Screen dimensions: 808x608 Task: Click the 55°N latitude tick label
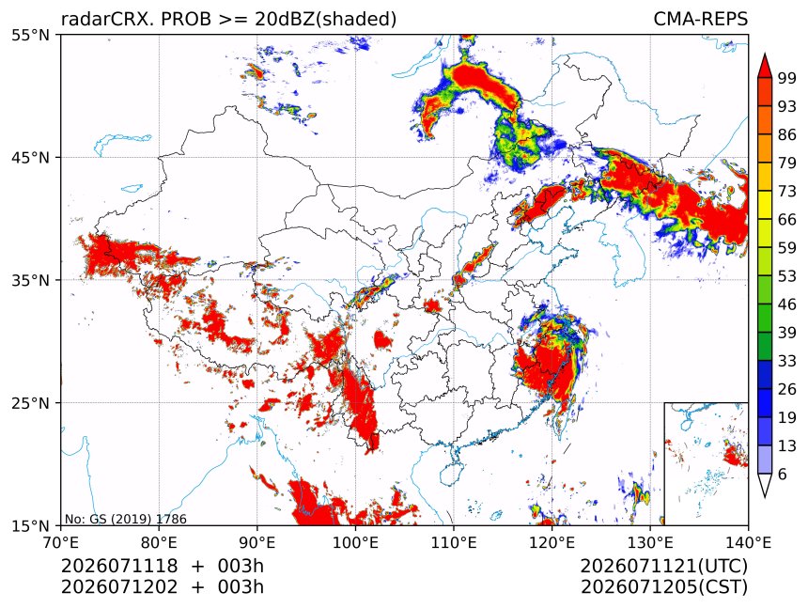pos(30,35)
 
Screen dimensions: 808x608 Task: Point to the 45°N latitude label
pos(30,157)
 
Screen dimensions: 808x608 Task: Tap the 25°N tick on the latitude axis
pos(30,402)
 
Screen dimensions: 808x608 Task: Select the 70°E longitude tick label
pos(61,542)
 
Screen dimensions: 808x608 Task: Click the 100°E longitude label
pos(355,542)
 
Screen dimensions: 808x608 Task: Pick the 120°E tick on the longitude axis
pos(552,542)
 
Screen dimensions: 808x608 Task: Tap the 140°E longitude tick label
pos(748,542)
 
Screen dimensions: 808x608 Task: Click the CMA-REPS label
pos(700,19)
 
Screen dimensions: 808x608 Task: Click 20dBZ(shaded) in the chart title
pos(326,20)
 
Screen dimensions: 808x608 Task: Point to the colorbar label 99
pos(787,78)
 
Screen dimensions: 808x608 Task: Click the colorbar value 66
pos(787,220)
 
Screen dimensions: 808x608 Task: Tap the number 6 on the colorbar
pos(783,474)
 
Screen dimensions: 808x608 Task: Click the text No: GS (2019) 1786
pos(126,519)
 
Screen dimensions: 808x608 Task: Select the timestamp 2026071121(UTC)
pos(663,566)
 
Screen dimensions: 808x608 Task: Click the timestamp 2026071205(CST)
pos(663,587)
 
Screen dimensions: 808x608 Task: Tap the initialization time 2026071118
pos(119,566)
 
